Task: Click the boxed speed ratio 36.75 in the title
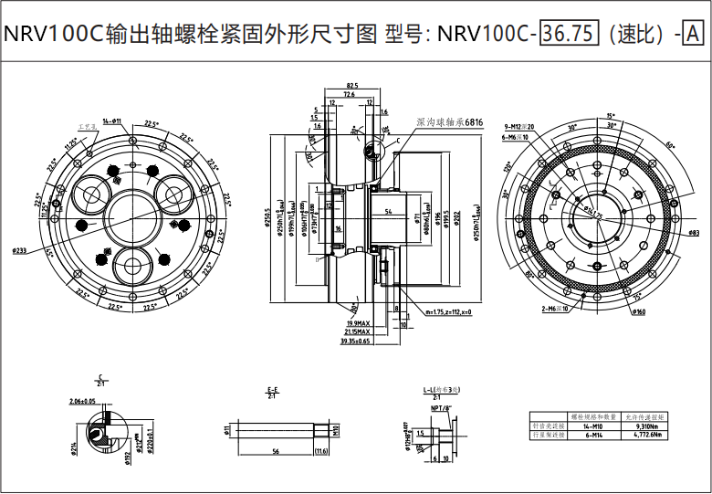tap(569, 35)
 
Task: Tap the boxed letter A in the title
tap(693, 35)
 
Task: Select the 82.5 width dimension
tap(351, 86)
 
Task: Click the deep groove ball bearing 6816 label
tap(449, 121)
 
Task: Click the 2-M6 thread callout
tap(556, 309)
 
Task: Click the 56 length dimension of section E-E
tap(275, 452)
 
